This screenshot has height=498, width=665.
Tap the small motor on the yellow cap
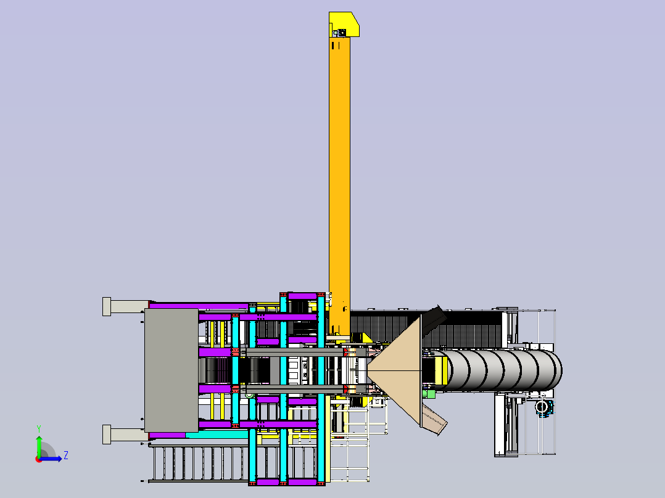342,33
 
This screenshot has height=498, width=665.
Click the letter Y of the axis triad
39,429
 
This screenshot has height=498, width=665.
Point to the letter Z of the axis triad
66,455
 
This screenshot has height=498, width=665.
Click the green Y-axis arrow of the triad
39,445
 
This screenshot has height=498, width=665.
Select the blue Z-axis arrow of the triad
51,459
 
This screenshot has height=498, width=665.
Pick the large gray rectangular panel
171,370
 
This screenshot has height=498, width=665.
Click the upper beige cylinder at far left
126,306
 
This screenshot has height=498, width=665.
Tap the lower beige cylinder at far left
126,435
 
